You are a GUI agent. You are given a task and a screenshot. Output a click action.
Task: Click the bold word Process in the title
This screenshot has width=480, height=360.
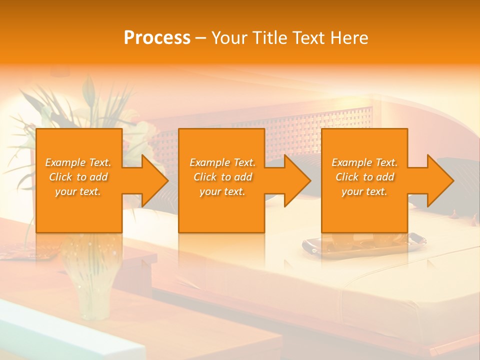[157, 38]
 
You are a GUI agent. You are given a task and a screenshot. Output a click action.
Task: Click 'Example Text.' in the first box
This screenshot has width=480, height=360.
[78, 162]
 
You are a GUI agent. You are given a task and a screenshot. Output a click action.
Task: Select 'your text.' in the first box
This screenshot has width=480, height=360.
[78, 191]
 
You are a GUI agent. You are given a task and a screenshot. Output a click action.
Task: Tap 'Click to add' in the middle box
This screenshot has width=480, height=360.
[222, 177]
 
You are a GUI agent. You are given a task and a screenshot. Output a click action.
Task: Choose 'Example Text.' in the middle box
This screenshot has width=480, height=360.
[222, 162]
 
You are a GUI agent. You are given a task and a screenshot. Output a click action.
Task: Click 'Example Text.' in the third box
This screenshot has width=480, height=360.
[364, 162]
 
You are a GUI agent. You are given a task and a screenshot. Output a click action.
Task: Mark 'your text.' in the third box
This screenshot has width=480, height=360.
[364, 191]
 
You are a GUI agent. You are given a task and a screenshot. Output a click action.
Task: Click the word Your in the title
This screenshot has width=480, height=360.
[229, 38]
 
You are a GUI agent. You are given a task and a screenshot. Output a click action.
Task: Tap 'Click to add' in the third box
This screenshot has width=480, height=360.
[364, 177]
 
